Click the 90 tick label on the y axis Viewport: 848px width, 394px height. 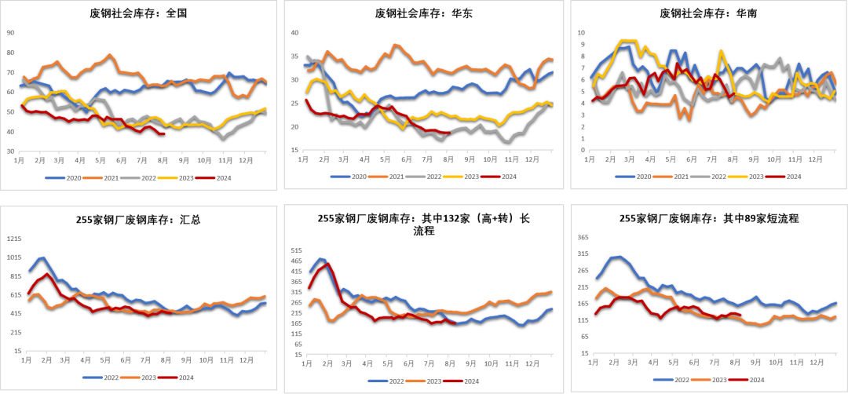(10, 33)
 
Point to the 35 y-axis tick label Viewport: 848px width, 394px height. (295, 57)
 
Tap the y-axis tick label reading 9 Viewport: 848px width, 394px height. (581, 45)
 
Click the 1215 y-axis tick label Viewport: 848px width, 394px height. (14, 239)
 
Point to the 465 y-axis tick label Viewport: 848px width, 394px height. (296, 261)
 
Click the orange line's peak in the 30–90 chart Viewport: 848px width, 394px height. (110, 54)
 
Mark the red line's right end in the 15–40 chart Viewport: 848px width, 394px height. (448, 133)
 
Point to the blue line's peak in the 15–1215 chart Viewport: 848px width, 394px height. (42, 257)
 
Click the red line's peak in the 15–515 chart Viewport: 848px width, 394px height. (327, 264)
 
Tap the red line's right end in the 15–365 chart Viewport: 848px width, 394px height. (741, 315)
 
